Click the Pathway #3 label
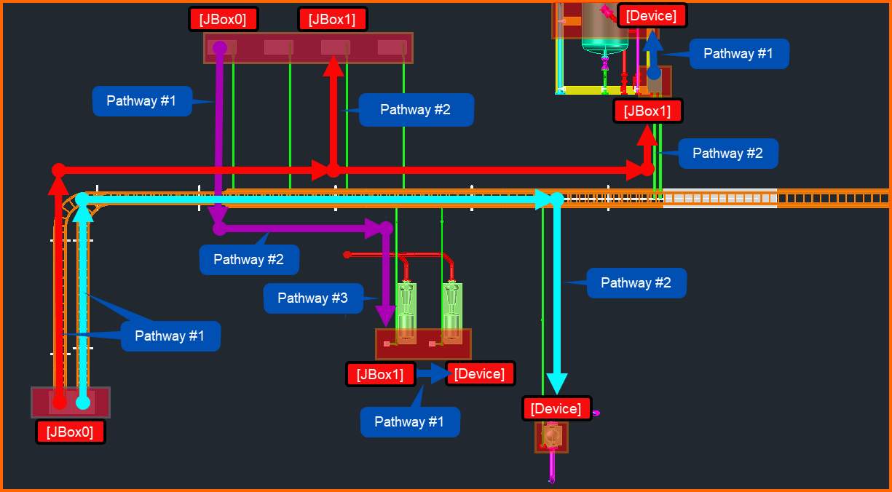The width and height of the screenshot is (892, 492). (x=313, y=298)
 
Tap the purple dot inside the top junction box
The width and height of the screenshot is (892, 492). (x=220, y=48)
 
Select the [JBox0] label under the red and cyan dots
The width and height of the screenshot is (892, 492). (x=70, y=432)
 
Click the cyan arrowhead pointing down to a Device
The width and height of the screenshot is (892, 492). (x=557, y=384)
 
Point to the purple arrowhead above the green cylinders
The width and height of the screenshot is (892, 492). (x=386, y=316)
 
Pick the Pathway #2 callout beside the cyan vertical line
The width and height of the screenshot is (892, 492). (x=636, y=283)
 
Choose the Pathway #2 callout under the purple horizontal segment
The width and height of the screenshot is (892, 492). (x=249, y=260)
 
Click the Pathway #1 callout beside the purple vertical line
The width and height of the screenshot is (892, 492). (x=141, y=101)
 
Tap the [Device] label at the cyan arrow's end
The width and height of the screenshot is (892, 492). (x=556, y=408)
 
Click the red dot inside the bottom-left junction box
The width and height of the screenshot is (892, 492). (x=60, y=402)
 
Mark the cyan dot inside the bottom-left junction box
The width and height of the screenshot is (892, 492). (x=83, y=402)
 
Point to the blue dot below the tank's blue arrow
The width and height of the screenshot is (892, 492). (x=654, y=73)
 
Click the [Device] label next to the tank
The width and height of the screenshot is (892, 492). (x=652, y=15)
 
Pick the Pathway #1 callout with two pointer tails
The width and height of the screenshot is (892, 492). (x=170, y=336)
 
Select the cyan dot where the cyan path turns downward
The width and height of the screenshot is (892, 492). (x=557, y=199)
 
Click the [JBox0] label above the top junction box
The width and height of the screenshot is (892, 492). (x=223, y=19)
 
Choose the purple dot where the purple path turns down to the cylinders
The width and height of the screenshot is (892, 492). (x=386, y=229)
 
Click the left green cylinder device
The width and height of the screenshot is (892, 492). (x=406, y=313)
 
